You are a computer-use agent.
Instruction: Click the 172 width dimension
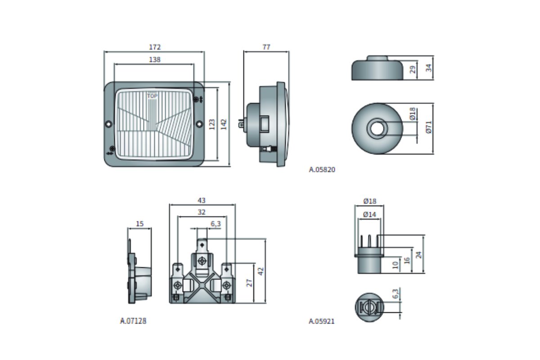pyautogui.click(x=154, y=47)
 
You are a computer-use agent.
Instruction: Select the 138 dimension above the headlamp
pyautogui.click(x=154, y=59)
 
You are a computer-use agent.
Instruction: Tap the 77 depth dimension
pyautogui.click(x=266, y=47)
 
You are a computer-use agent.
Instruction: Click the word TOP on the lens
pyautogui.click(x=153, y=96)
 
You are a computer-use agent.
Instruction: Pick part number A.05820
pyautogui.click(x=322, y=170)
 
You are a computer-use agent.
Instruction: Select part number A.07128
pyautogui.click(x=133, y=321)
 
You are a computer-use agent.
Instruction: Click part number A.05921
pyautogui.click(x=322, y=321)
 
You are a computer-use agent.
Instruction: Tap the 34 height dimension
pyautogui.click(x=428, y=68)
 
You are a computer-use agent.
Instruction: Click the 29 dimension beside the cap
pyautogui.click(x=413, y=70)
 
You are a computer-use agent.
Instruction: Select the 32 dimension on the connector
pyautogui.click(x=202, y=212)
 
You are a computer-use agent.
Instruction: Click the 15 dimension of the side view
pyautogui.click(x=139, y=224)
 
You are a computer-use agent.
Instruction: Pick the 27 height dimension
pyautogui.click(x=249, y=282)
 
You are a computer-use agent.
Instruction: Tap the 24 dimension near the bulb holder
pyautogui.click(x=419, y=254)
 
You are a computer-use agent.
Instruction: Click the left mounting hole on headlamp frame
pyautogui.click(x=108, y=124)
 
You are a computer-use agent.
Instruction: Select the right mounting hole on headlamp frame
pyautogui.click(x=200, y=123)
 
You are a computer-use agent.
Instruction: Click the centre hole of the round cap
pyautogui.click(x=377, y=128)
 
